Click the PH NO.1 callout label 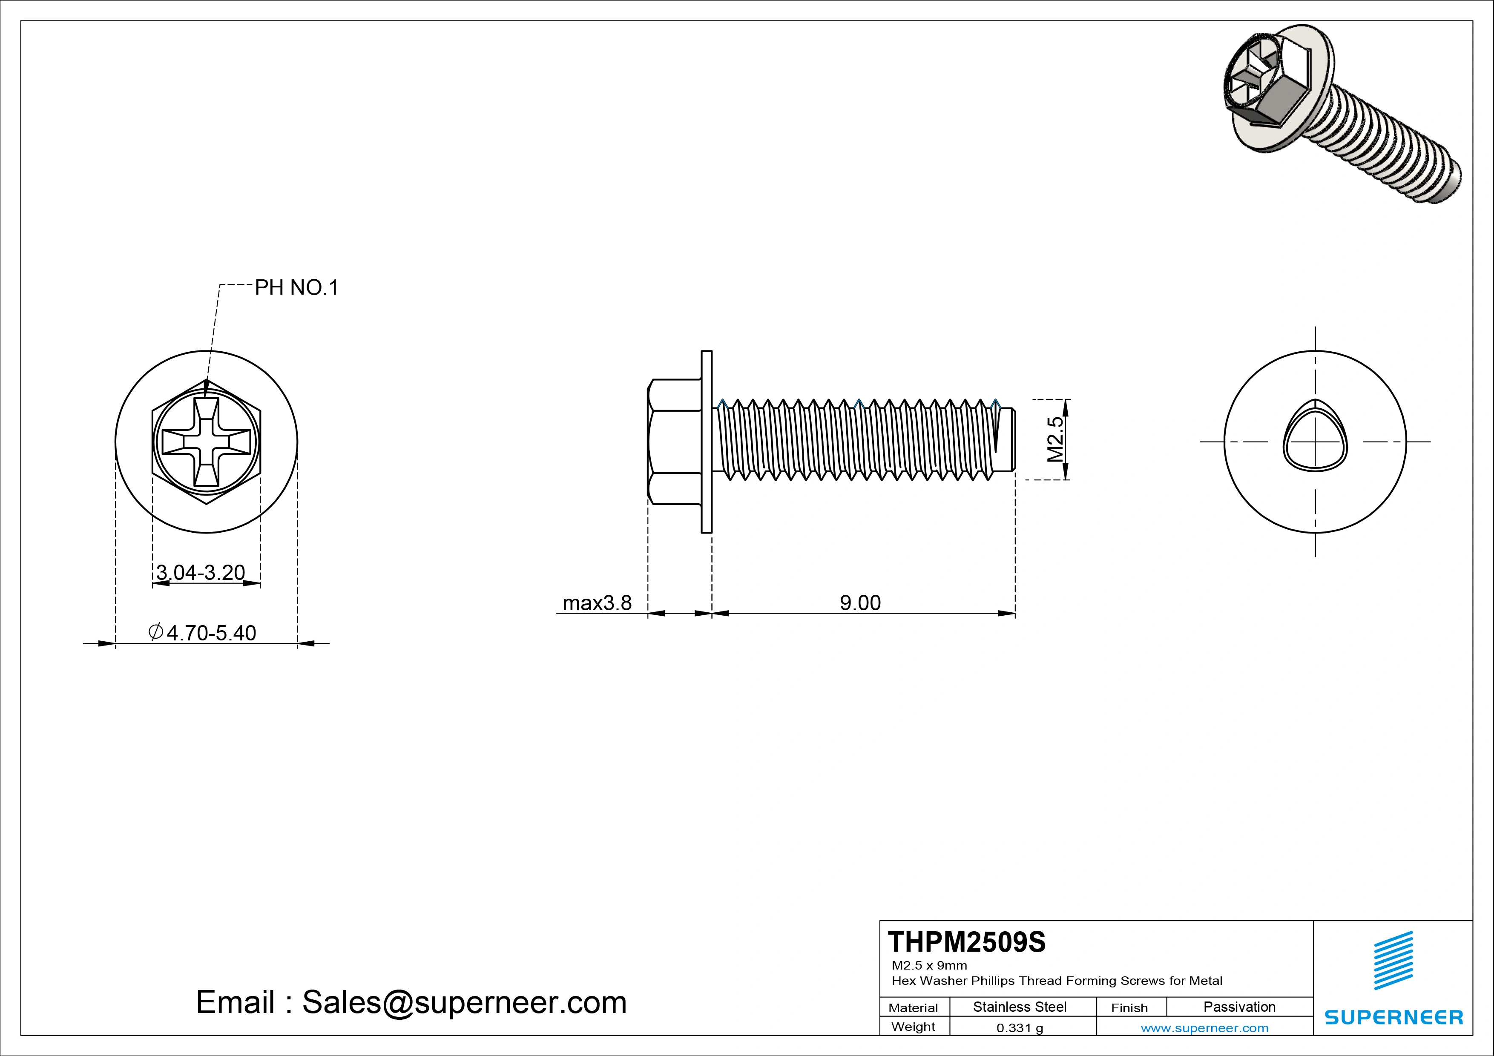(296, 287)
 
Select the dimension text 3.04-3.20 (201, 573)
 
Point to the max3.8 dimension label (597, 603)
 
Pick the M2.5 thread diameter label (1055, 439)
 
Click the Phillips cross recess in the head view (206, 442)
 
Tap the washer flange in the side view (707, 442)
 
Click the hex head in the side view (674, 442)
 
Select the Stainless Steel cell (1020, 1007)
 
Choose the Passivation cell (1239, 1007)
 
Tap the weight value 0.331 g (1020, 1028)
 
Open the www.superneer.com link (1204, 1028)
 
